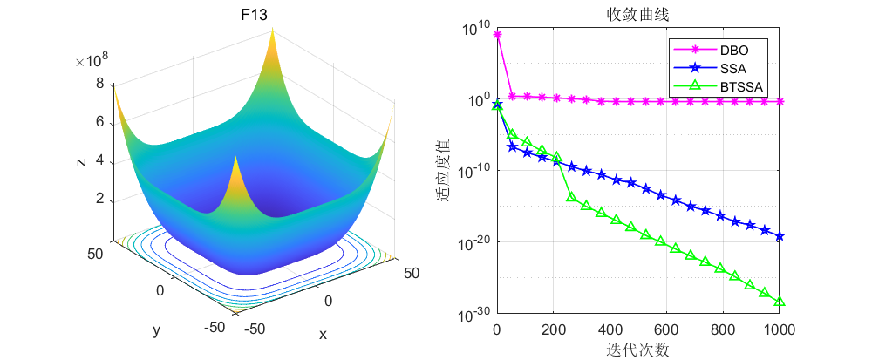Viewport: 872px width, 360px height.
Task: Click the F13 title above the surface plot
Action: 254,15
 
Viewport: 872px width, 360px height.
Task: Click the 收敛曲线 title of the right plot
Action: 637,15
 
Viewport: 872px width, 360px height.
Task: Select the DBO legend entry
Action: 733,50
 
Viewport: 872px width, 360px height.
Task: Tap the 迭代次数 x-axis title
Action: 637,350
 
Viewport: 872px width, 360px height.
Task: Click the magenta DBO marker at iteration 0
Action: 497,34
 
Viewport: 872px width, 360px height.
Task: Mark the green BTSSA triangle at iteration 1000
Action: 780,302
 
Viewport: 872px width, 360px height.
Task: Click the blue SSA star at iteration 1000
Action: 780,236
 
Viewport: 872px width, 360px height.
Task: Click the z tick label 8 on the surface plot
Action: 100,85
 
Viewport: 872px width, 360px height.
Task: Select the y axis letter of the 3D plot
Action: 156,330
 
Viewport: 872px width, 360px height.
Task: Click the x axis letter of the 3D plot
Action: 323,335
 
